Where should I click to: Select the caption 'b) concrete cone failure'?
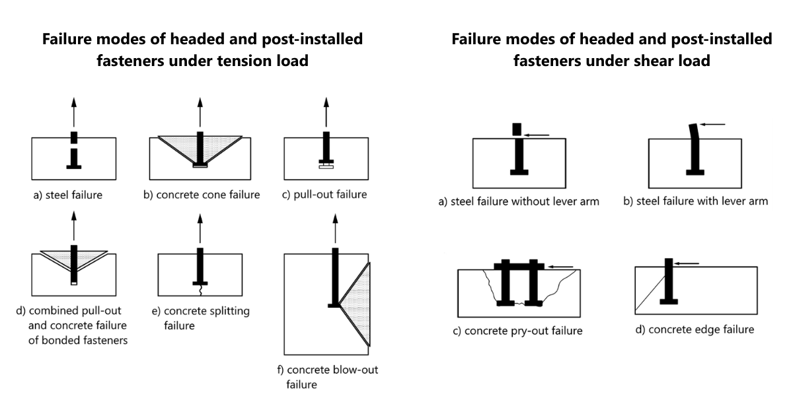[203, 195]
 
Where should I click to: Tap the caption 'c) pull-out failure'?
[324, 195]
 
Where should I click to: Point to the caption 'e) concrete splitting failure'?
[206, 318]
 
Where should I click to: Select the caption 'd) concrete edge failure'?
[695, 329]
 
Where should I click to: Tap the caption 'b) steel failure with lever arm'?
[696, 201]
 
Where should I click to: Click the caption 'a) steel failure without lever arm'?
[519, 201]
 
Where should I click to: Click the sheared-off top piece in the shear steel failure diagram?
[517, 129]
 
